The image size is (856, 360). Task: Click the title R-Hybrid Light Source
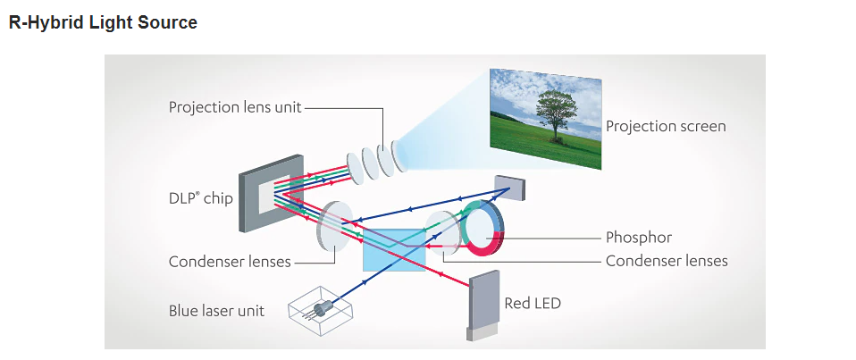(x=103, y=23)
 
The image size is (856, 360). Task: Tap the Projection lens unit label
(x=235, y=107)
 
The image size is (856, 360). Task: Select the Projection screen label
(x=666, y=126)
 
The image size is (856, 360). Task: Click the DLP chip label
(x=200, y=198)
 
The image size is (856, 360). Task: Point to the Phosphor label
(x=638, y=238)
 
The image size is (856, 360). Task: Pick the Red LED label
(x=533, y=303)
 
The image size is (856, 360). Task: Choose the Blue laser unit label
(x=216, y=311)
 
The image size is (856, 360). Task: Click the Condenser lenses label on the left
(x=230, y=262)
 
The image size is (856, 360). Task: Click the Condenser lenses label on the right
(x=666, y=261)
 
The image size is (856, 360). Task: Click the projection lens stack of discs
(x=374, y=161)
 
